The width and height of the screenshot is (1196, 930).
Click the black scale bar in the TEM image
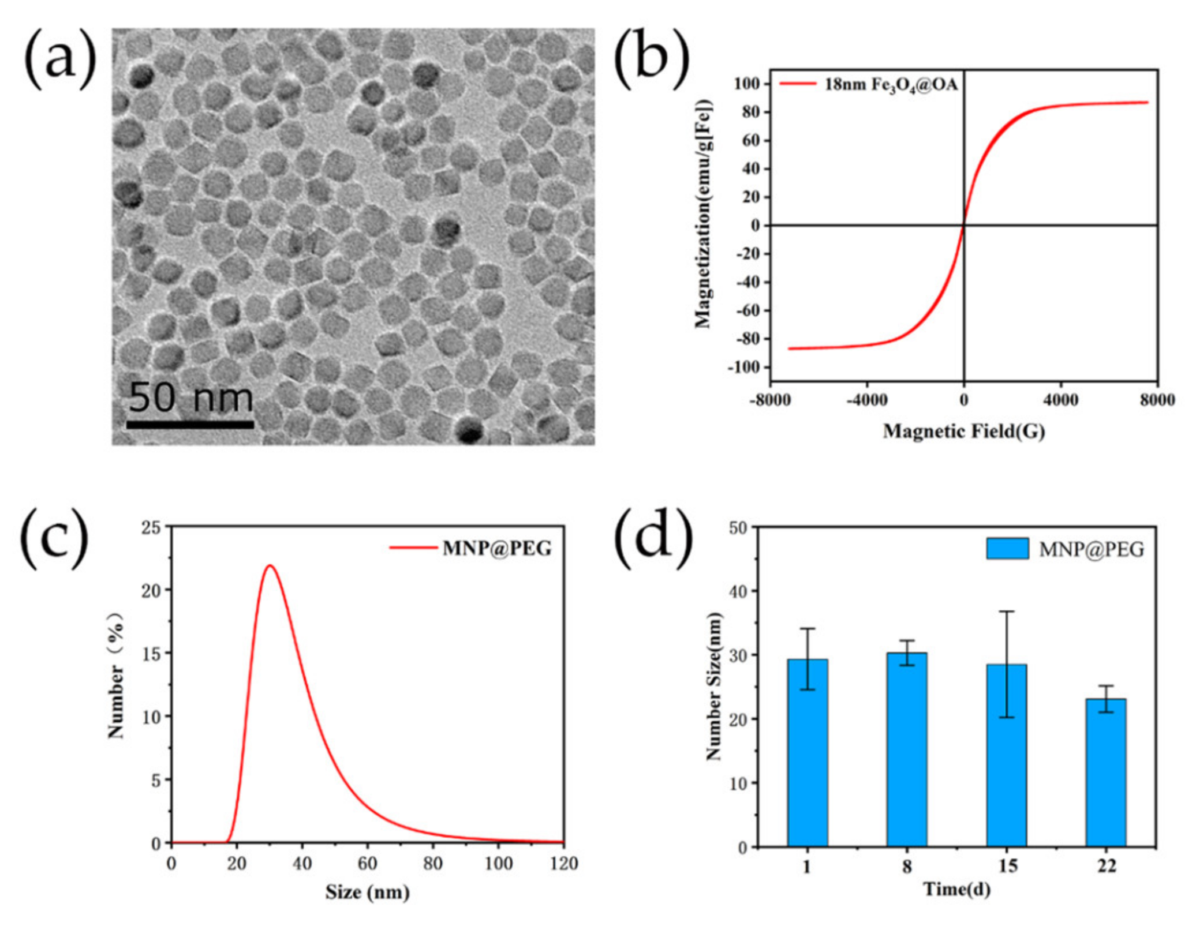point(190,425)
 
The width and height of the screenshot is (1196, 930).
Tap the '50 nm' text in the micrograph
point(190,397)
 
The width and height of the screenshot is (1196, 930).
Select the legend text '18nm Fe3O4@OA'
point(891,85)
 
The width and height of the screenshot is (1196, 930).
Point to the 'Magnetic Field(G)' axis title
point(963,431)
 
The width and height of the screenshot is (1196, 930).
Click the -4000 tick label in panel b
point(866,400)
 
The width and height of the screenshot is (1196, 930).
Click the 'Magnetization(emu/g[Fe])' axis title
point(704,213)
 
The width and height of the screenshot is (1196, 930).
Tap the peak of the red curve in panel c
point(270,565)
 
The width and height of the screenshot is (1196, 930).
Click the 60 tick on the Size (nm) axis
point(367,864)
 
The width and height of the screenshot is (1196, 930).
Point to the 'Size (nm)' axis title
point(367,892)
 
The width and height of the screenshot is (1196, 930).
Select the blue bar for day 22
point(1105,773)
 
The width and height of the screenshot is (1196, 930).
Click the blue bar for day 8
point(907,750)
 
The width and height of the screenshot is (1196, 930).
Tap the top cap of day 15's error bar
point(1006,612)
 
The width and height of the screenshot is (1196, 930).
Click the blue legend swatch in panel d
point(1007,549)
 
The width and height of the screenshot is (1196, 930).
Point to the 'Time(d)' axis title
point(956,889)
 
